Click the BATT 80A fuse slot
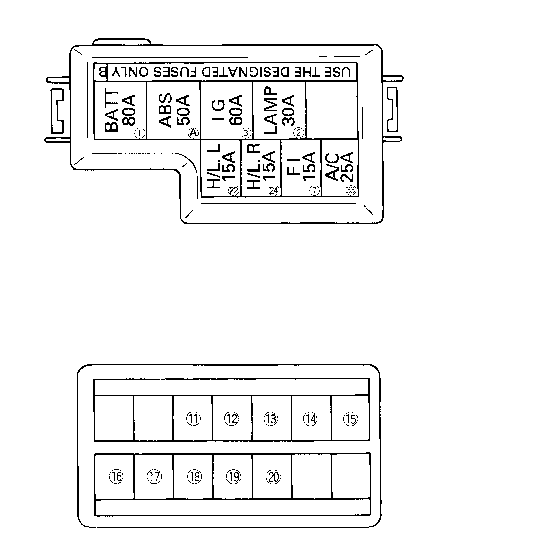pyautogui.click(x=120, y=110)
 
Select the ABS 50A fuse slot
pyautogui.click(x=173, y=110)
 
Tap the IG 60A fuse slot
pyautogui.click(x=226, y=110)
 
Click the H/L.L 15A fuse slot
pyautogui.click(x=221, y=167)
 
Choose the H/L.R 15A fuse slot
pyautogui.click(x=261, y=167)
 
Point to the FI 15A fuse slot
pyautogui.click(x=301, y=167)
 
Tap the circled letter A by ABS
pyautogui.click(x=194, y=133)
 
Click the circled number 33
pyautogui.click(x=350, y=191)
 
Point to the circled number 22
pyautogui.click(x=233, y=191)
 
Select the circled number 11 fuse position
pyautogui.click(x=194, y=419)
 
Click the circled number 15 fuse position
pyautogui.click(x=350, y=419)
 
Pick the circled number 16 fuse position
pyautogui.click(x=116, y=477)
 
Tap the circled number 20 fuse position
pyautogui.click(x=273, y=477)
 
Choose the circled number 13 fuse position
pyautogui.click(x=270, y=419)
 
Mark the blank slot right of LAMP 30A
pyautogui.click(x=332, y=110)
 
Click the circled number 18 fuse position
pyautogui.click(x=194, y=477)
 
